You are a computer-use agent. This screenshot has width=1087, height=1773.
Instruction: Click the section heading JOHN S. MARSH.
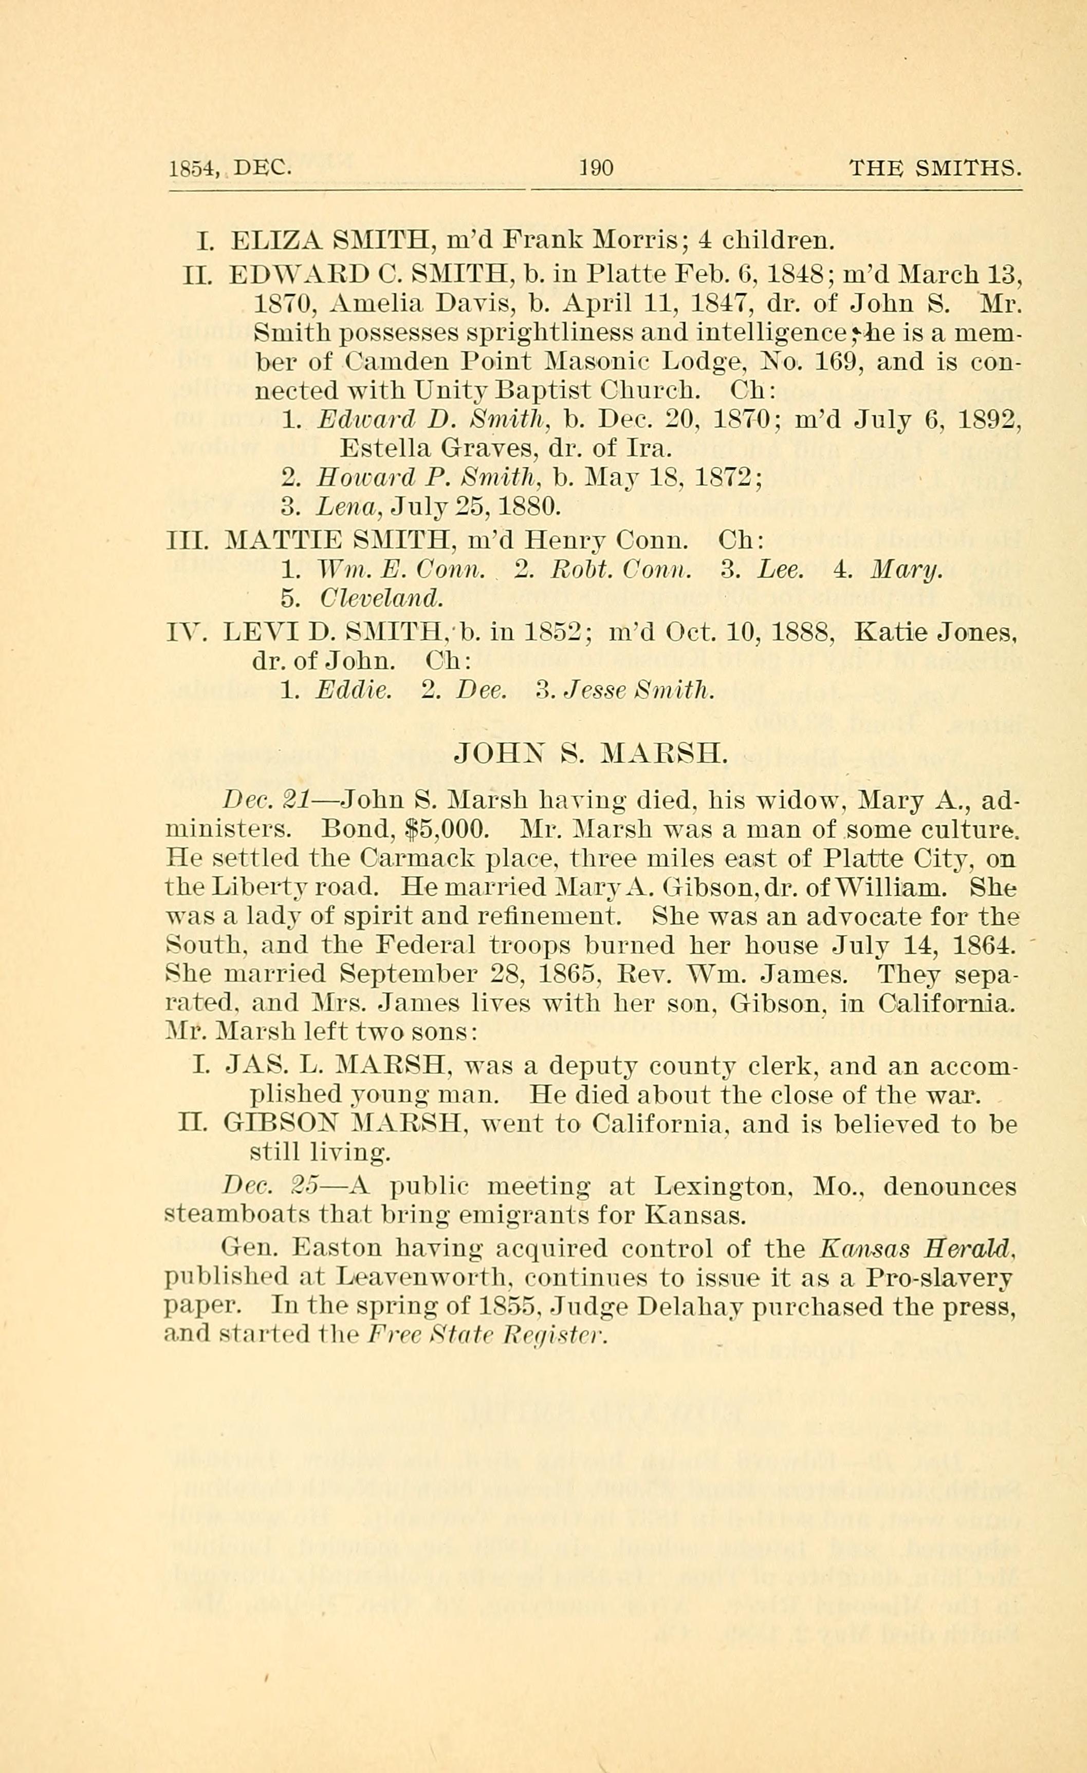tap(593, 753)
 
